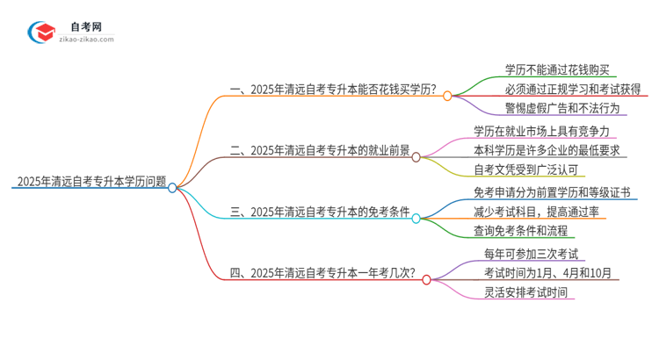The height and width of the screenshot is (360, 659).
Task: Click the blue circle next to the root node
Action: tap(173, 187)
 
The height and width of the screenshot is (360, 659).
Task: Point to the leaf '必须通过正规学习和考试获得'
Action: tap(572, 89)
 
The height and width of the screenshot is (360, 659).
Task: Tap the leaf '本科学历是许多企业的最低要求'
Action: tap(547, 150)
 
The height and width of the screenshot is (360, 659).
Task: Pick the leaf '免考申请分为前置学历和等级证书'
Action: tap(551, 192)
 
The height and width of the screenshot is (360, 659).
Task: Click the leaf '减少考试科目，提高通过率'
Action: tap(536, 212)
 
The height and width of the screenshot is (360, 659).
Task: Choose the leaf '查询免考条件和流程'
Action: tap(521, 231)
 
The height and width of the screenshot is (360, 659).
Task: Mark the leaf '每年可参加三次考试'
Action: tap(532, 254)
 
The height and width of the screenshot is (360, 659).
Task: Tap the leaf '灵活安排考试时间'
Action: tap(525, 292)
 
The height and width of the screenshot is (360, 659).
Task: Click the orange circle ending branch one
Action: tap(447, 96)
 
